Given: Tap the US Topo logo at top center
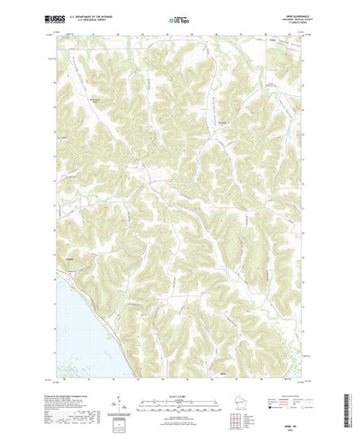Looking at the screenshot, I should tap(179, 18).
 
